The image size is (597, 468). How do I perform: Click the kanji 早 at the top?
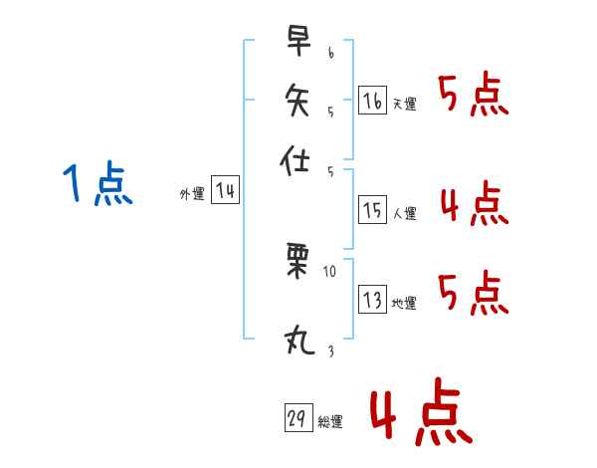[297, 42]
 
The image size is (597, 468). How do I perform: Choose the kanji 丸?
[297, 341]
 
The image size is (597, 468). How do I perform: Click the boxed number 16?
[372, 101]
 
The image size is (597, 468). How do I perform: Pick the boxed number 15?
[372, 209]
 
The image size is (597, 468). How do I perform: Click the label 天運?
[404, 104]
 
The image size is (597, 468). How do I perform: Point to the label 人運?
[404, 212]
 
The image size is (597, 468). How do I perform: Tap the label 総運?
[329, 422]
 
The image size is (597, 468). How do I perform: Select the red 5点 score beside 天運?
[474, 96]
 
